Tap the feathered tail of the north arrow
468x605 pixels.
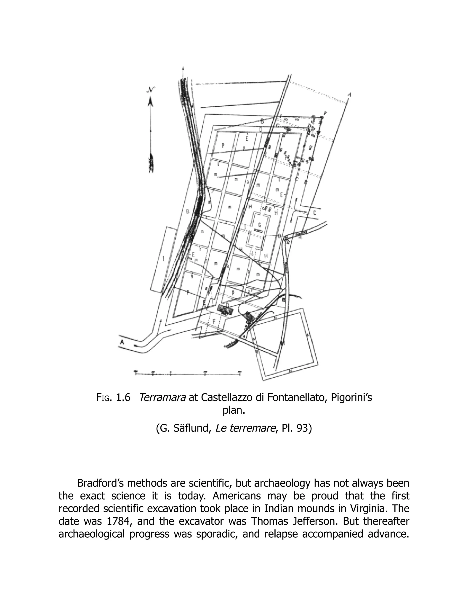point(151,163)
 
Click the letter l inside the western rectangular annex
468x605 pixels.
point(164,259)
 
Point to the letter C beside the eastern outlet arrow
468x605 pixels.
point(314,213)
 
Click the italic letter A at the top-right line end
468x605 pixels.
point(349,95)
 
